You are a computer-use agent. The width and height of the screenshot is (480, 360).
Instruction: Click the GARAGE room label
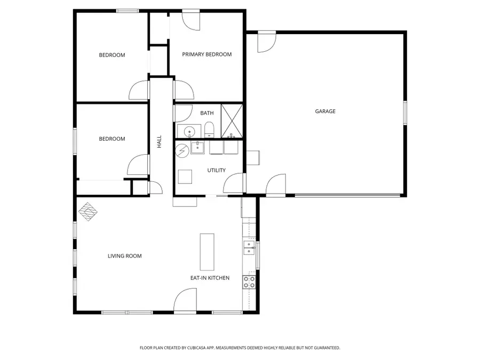point(325,111)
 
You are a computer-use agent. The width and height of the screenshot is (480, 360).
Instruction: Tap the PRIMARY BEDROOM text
point(207,54)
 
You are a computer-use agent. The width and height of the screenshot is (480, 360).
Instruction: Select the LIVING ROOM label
point(125,256)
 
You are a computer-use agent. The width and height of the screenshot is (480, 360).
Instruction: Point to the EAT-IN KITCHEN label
point(210,278)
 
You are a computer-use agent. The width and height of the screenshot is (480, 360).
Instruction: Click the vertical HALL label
point(159,141)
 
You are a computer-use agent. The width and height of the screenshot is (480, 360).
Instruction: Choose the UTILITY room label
point(217,171)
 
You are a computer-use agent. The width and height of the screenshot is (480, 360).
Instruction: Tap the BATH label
point(207,113)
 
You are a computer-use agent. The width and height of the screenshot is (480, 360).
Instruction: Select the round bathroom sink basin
point(189,131)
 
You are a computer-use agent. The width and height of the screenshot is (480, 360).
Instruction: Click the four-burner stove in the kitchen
point(249,282)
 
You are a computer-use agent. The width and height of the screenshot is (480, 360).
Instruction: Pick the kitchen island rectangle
point(207,252)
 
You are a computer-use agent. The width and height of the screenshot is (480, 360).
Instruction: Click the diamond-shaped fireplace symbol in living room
point(89,211)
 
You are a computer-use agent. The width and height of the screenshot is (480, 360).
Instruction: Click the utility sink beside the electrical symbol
point(197,147)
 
